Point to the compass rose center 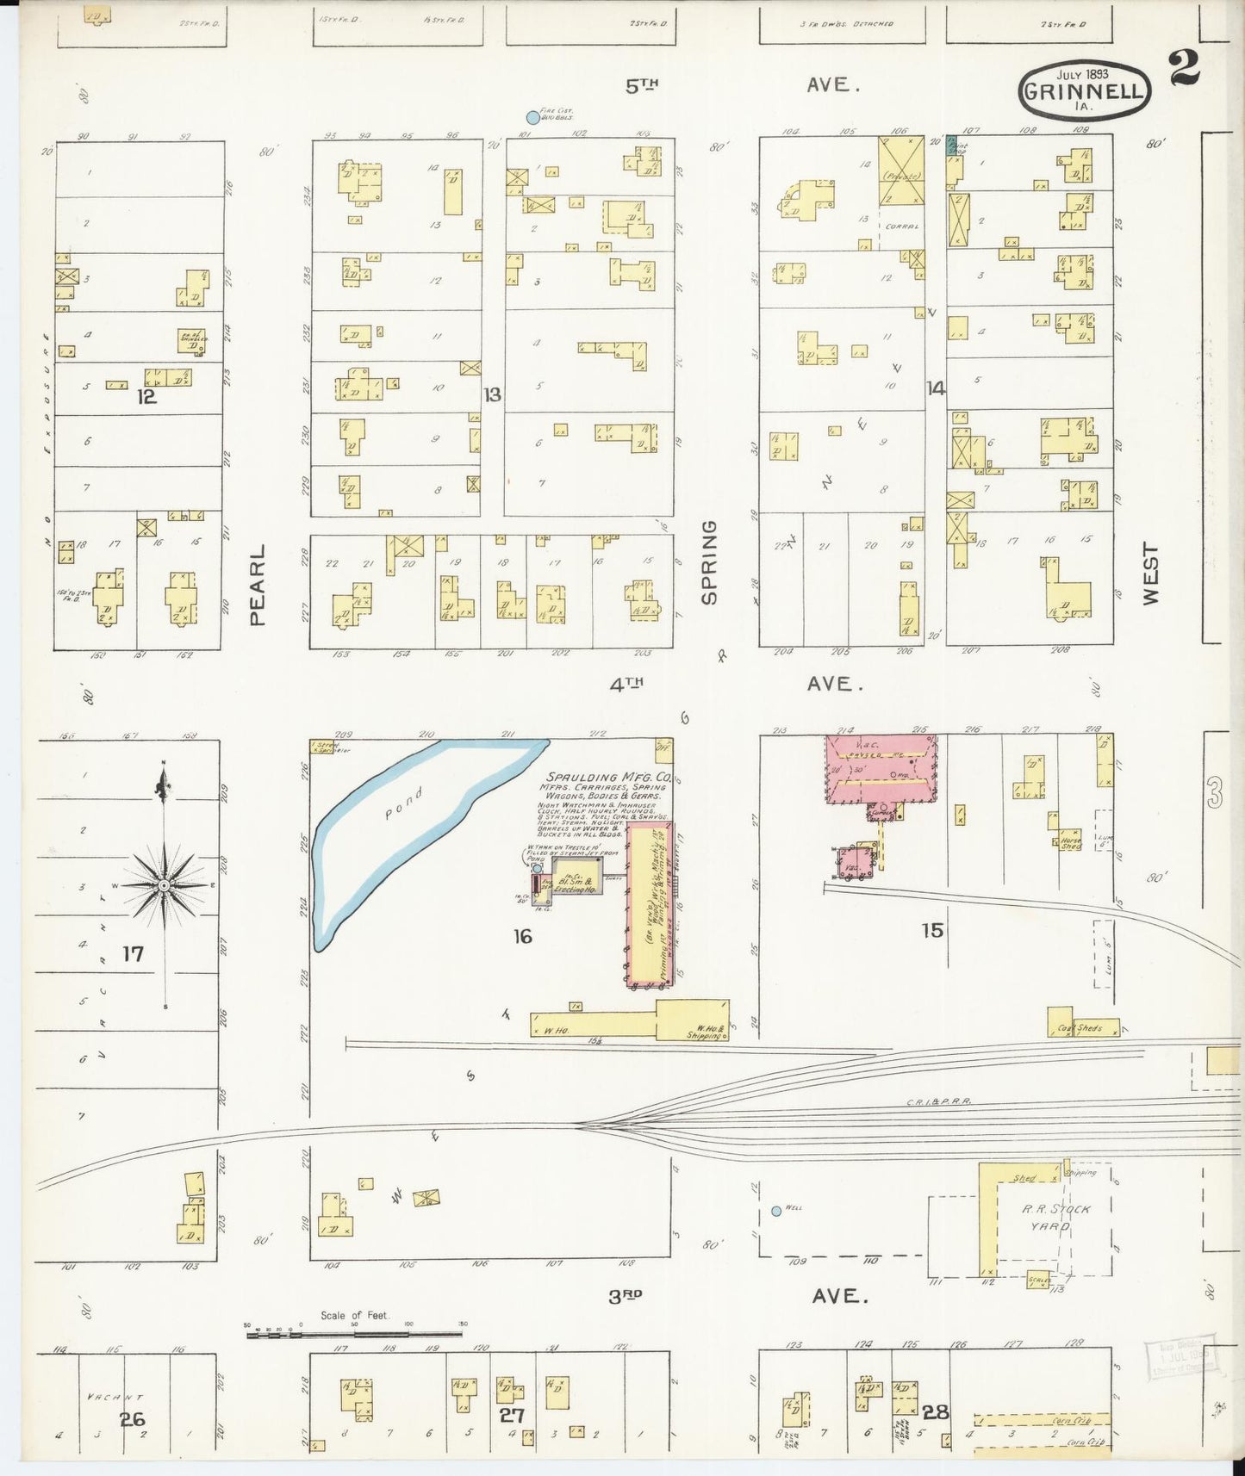[x=164, y=885]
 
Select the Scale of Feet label [x=354, y=1315]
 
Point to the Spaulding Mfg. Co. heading [x=603, y=778]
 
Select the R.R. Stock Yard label [x=1056, y=1217]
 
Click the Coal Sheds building [x=1082, y=1027]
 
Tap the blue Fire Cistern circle [x=532, y=118]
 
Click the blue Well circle [x=776, y=1211]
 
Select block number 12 [x=146, y=397]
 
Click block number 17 [x=133, y=953]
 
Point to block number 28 [x=935, y=1412]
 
